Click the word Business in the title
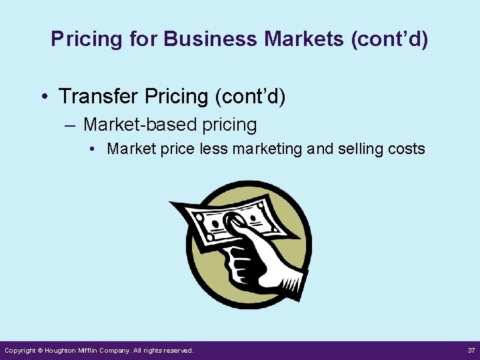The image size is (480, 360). [210, 39]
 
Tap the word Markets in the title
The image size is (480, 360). [303, 39]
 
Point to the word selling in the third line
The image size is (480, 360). [365, 149]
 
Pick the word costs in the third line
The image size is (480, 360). [409, 149]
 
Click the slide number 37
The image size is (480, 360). [470, 350]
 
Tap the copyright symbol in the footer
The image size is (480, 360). [40, 351]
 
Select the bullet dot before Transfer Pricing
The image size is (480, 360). [43, 97]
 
